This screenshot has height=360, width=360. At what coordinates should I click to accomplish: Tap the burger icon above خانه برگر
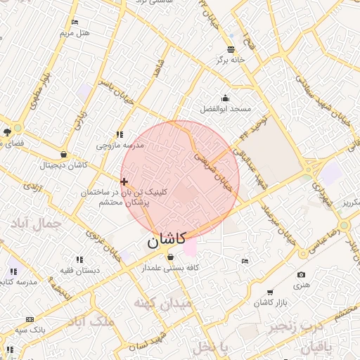[x=231, y=49]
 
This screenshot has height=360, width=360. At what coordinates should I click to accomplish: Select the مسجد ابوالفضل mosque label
[x=226, y=109]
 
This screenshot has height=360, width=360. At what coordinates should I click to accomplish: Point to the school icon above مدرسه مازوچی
[x=120, y=134]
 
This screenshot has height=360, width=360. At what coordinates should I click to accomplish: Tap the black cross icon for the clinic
[x=124, y=181]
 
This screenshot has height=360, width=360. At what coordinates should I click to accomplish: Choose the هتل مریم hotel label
[x=75, y=33]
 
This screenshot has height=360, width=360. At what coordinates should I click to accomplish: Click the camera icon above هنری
[x=302, y=274]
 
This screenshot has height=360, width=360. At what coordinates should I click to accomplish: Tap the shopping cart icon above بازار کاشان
[x=270, y=292]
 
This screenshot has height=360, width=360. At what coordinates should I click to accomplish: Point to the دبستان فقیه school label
[x=79, y=270]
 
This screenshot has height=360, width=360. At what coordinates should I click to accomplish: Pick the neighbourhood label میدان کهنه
[x=162, y=303]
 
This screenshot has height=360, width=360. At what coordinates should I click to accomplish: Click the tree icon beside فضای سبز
[x=7, y=131]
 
